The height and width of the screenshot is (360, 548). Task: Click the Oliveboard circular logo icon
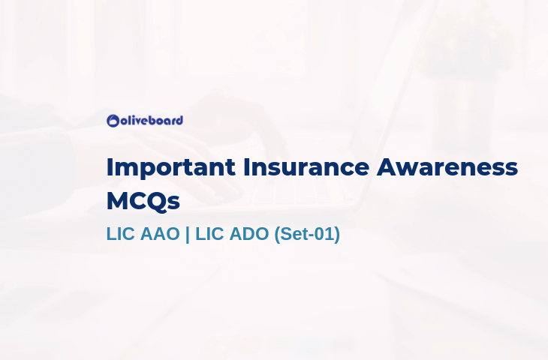pyautogui.click(x=113, y=121)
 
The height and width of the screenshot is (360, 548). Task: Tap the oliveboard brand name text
pyautogui.click(x=152, y=121)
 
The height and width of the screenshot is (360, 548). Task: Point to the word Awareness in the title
pyautogui.click(x=447, y=167)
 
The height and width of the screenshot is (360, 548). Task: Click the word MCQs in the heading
pyautogui.click(x=143, y=202)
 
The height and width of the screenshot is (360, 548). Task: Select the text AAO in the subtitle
pyautogui.click(x=160, y=233)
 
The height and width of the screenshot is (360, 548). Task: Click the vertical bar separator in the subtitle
pyautogui.click(x=188, y=234)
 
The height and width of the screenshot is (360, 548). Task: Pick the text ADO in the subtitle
pyautogui.click(x=249, y=233)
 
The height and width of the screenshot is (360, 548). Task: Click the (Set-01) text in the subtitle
pyautogui.click(x=307, y=234)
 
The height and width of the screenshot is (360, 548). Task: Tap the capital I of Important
pyautogui.click(x=109, y=167)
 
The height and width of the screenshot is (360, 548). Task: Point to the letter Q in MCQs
pyautogui.click(x=158, y=202)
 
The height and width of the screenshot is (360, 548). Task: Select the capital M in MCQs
pyautogui.click(x=118, y=201)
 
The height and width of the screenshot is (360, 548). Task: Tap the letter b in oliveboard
pyautogui.click(x=153, y=121)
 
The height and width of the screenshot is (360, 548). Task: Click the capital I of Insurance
pyautogui.click(x=245, y=167)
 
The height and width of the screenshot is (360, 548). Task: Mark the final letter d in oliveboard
pyautogui.click(x=179, y=121)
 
